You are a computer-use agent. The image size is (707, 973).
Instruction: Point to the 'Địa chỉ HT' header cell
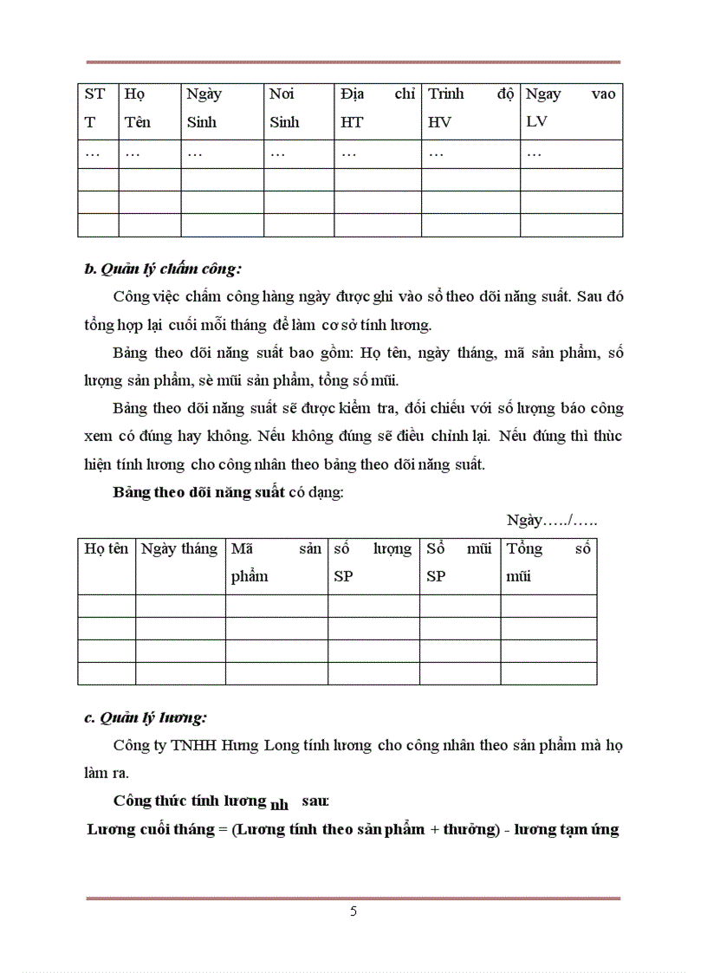(377, 108)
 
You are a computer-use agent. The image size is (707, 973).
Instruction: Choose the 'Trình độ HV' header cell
(470, 108)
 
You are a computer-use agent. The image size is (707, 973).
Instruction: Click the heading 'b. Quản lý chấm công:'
(163, 269)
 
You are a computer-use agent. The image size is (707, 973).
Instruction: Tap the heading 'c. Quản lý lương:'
(146, 717)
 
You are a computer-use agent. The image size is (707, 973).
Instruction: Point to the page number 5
(353, 911)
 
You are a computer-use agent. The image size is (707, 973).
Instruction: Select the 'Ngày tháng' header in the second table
(179, 548)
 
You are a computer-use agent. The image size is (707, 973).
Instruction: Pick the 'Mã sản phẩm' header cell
(276, 562)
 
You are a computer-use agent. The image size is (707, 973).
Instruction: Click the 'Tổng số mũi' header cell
(548, 562)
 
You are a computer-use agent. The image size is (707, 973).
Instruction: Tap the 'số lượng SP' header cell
(373, 562)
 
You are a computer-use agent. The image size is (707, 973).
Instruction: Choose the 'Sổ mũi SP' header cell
(459, 562)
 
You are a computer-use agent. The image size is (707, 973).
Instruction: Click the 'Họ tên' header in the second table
(106, 548)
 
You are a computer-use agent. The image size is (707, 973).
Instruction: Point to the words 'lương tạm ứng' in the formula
(567, 829)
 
